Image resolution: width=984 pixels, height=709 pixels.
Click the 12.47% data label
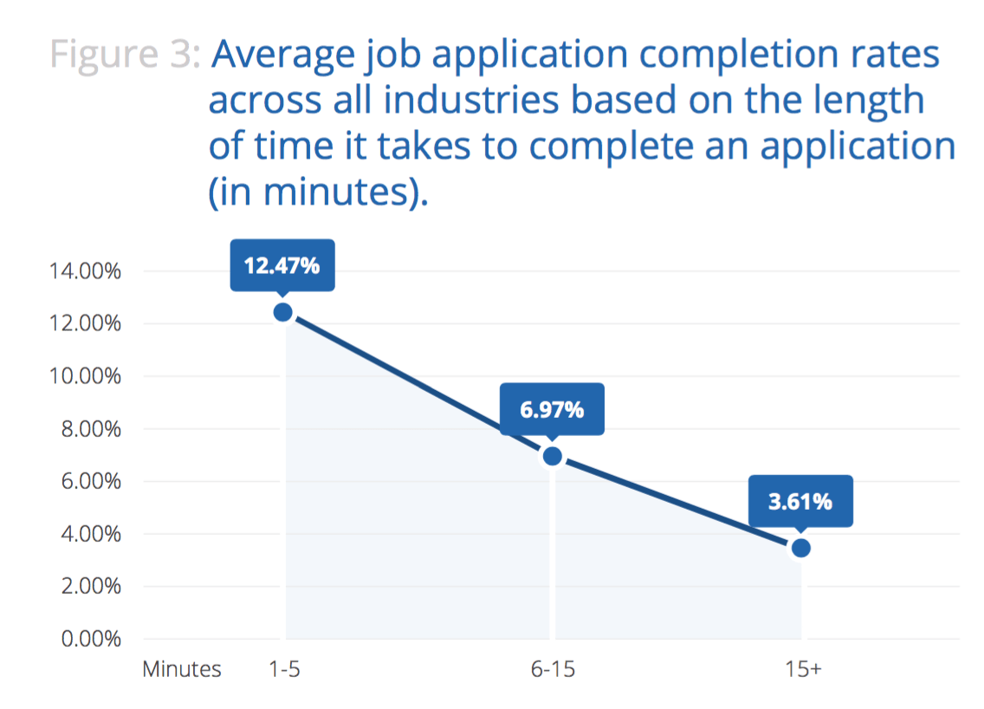[x=282, y=265]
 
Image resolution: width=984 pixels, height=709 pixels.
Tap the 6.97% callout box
[x=552, y=409]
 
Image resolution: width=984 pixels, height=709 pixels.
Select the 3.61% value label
[x=800, y=500]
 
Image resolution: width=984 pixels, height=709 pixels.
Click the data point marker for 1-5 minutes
[x=282, y=312]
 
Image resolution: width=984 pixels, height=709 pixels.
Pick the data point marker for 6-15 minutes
[x=552, y=456]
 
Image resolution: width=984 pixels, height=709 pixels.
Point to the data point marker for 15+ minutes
[x=801, y=548]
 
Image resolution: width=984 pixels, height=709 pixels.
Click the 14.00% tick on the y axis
[x=83, y=271]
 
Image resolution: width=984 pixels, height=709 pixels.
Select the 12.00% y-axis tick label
[x=83, y=324]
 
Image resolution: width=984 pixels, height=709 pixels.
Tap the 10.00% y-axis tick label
[x=83, y=377]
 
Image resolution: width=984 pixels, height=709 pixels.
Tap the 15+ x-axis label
[x=801, y=670]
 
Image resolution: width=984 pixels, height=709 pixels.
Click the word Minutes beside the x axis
[x=182, y=670]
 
